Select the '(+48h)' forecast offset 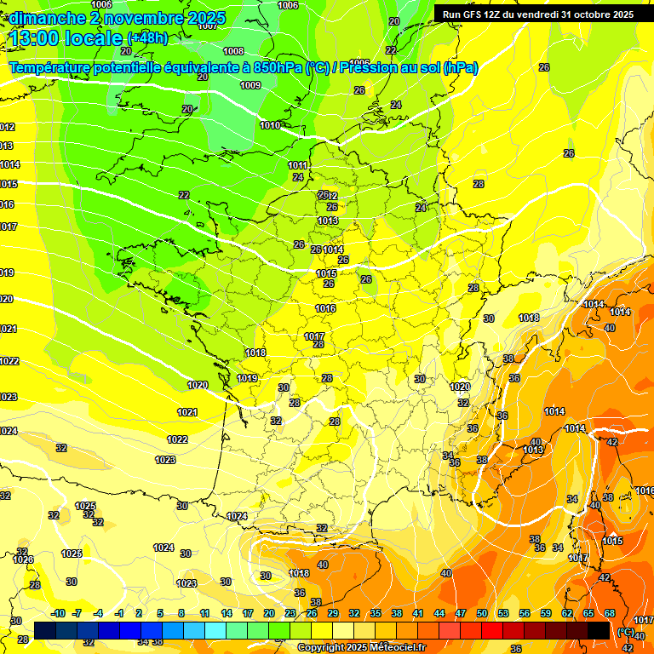pyautogui.click(x=147, y=38)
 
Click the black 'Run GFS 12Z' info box pyautogui.click(x=537, y=14)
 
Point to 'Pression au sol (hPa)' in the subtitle pyautogui.click(x=409, y=68)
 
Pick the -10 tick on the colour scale pyautogui.click(x=58, y=613)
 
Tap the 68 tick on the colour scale pyautogui.click(x=610, y=613)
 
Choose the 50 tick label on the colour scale pyautogui.click(x=482, y=613)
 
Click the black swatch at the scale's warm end pyautogui.click(x=599, y=630)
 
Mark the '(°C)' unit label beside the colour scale pyautogui.click(x=626, y=632)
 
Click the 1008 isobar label pyautogui.click(x=233, y=51)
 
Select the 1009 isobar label pyautogui.click(x=250, y=85)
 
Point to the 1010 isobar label pyautogui.click(x=270, y=125)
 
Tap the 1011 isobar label pyautogui.click(x=298, y=165)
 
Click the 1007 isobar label pyautogui.click(x=208, y=26)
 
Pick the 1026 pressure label pyautogui.click(x=24, y=559)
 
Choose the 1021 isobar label pyautogui.click(x=8, y=329)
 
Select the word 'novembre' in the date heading pyautogui.click(x=133, y=18)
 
